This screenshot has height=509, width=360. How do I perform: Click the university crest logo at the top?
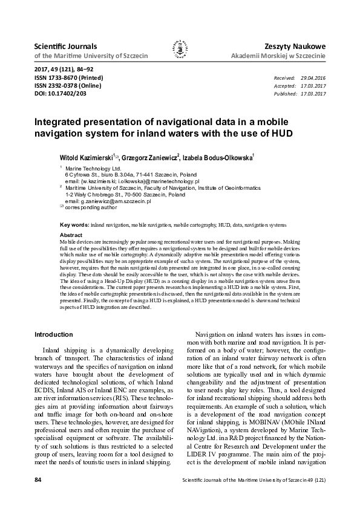click(180, 50)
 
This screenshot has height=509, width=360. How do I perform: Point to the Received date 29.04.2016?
click(313, 79)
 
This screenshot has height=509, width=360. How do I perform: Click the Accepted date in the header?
click(313, 86)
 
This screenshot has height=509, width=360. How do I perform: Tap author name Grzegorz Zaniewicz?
click(148, 157)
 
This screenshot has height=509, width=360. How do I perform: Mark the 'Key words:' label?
click(74, 224)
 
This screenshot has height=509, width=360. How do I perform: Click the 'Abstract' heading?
click(71, 234)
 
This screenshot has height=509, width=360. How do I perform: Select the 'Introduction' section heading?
click(54, 334)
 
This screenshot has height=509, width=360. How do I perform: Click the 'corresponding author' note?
click(91, 207)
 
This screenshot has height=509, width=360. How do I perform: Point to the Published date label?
click(285, 94)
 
